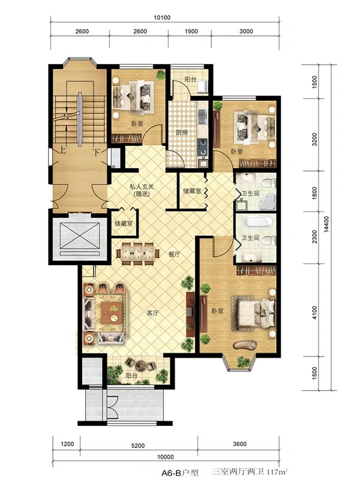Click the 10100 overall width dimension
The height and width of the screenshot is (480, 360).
coord(162,17)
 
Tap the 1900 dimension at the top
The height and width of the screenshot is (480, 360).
coord(191,31)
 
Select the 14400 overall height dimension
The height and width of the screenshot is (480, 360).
coord(326,224)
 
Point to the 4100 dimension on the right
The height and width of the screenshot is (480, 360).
coord(314,313)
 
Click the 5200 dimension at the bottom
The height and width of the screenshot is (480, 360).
coord(138,446)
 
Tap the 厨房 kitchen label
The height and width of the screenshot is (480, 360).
coord(182,133)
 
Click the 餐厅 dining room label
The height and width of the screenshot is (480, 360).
coord(174,254)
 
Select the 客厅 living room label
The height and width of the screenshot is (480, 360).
coord(153,313)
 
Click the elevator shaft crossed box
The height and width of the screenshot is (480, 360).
coord(80,236)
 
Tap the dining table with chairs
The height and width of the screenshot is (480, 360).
coord(138,253)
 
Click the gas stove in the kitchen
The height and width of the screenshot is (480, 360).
coord(202,147)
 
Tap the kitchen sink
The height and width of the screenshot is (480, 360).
coord(202,116)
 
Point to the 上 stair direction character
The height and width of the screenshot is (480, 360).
coord(62,151)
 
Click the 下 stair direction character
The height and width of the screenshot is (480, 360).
coord(97,152)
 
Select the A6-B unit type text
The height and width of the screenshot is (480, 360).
coord(172,473)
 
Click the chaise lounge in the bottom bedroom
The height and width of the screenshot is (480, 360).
coord(245,344)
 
